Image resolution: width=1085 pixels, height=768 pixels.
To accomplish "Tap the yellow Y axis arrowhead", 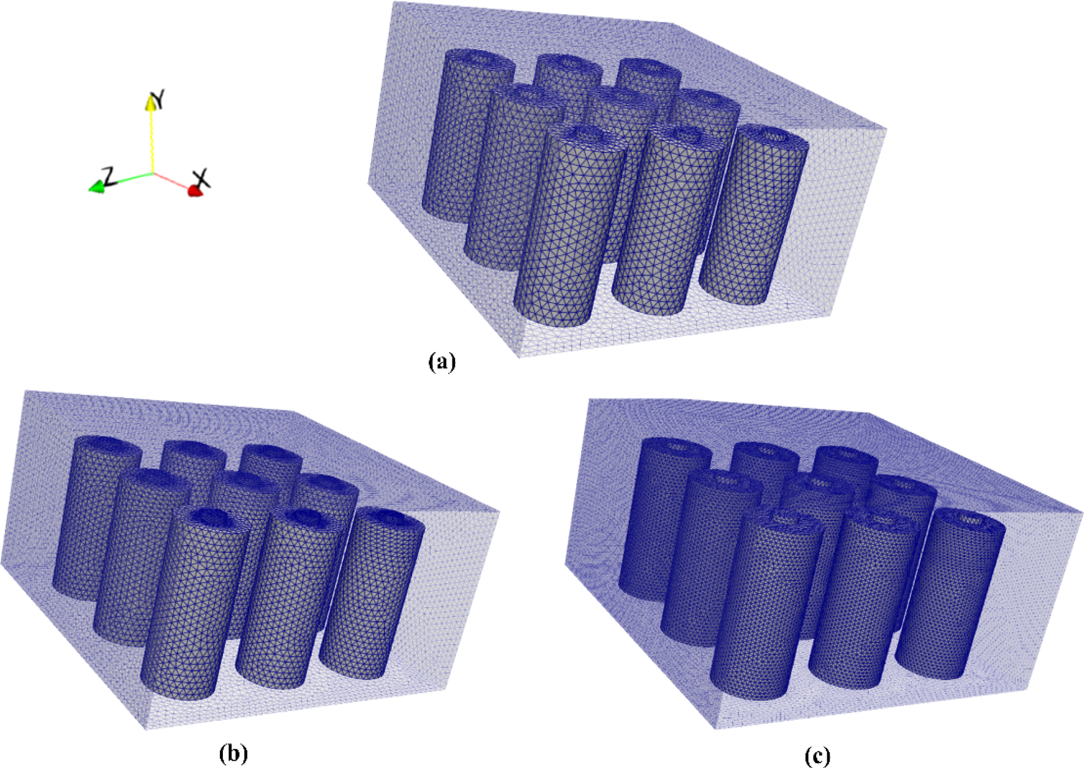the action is click(150, 103).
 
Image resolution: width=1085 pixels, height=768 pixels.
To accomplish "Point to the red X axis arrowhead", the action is click(195, 192).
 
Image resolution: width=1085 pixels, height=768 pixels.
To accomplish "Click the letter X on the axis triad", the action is click(203, 179).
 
